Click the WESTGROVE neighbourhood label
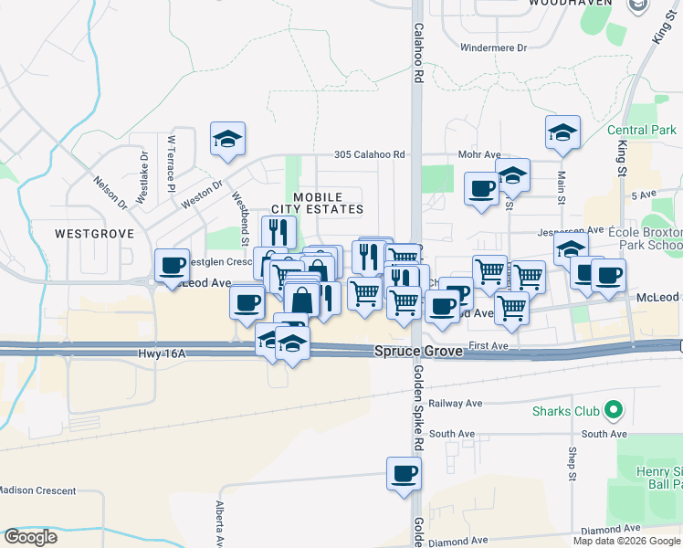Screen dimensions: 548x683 point(94,234)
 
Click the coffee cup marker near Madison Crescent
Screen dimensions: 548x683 point(404,475)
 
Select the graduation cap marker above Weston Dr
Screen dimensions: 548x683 point(226,139)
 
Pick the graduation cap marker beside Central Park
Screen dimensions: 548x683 point(562,132)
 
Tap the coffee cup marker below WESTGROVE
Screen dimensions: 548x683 point(172,266)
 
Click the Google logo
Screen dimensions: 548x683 point(30,537)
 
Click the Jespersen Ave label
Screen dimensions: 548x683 point(571,230)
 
